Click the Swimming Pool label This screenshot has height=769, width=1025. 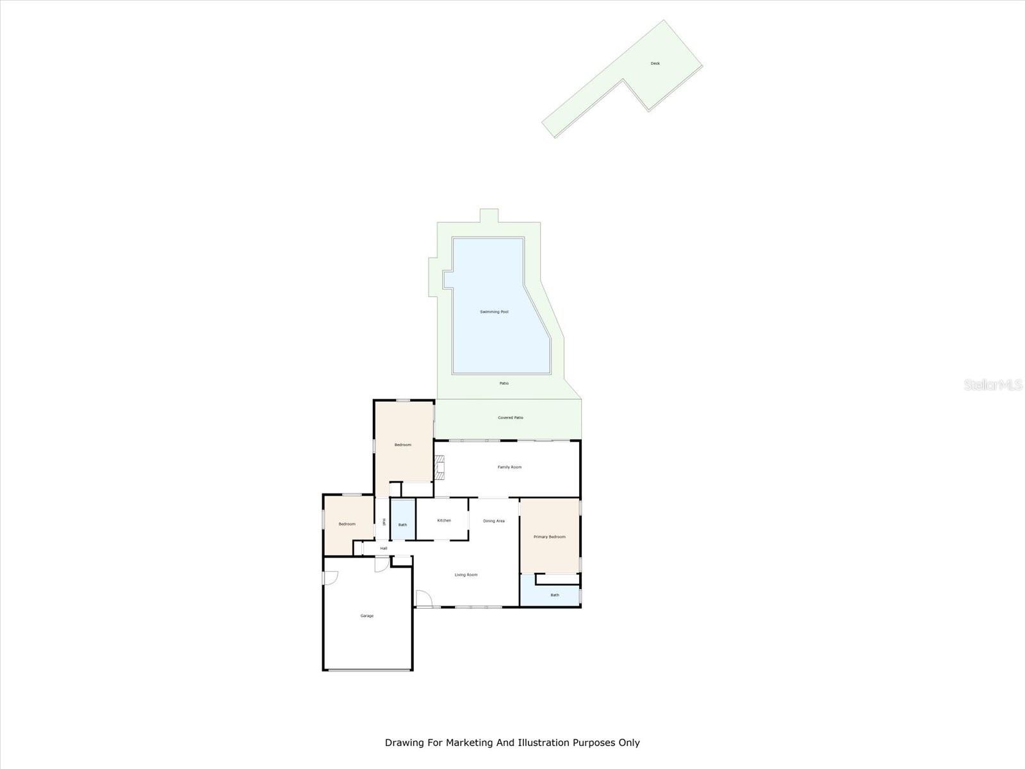(494, 312)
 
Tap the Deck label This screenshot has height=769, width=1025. (655, 63)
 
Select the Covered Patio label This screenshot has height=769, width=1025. (510, 418)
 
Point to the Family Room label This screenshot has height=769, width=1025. (509, 467)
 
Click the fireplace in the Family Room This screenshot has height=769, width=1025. (440, 467)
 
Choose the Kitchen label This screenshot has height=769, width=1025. (444, 520)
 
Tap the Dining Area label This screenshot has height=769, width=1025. (493, 521)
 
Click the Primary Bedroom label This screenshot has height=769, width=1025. (549, 537)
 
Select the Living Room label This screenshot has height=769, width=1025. (466, 575)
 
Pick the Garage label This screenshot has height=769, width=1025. (366, 616)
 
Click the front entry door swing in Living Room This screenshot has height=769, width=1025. (423, 599)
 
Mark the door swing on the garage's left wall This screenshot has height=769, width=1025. (330, 577)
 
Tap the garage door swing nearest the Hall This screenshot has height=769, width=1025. (381, 564)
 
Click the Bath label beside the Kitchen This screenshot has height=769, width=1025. (402, 525)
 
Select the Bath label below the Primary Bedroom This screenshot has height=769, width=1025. (554, 595)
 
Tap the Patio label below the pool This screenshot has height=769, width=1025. (504, 383)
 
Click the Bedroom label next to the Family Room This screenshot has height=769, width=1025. (402, 445)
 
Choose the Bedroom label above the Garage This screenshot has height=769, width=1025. (347, 524)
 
